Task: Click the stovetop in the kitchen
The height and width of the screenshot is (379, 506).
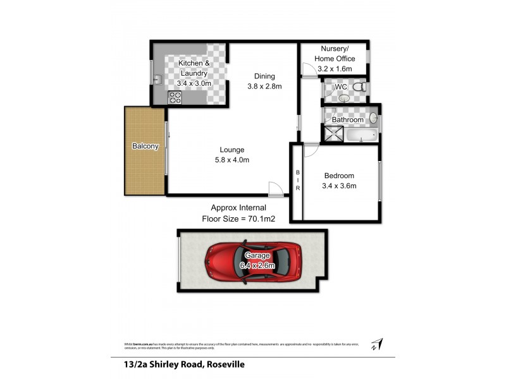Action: (x=175, y=97)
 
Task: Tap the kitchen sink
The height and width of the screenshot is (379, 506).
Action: (x=157, y=79)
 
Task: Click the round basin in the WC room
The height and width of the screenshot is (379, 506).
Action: (x=343, y=99)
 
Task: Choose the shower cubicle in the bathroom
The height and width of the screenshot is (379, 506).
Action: (x=331, y=133)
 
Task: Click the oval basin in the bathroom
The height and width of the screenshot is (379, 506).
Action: (x=373, y=117)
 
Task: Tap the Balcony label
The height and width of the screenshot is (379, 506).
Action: (x=145, y=146)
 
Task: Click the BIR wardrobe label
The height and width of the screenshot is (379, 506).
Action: (x=297, y=179)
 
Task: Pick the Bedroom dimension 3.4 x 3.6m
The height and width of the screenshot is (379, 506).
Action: (x=340, y=186)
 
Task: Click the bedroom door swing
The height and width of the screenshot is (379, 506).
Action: (x=311, y=150)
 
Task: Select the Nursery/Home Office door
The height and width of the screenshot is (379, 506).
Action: (x=308, y=71)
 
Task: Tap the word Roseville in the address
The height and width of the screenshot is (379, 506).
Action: (x=219, y=364)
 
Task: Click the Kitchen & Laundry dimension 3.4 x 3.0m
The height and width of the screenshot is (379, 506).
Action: (x=194, y=83)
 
